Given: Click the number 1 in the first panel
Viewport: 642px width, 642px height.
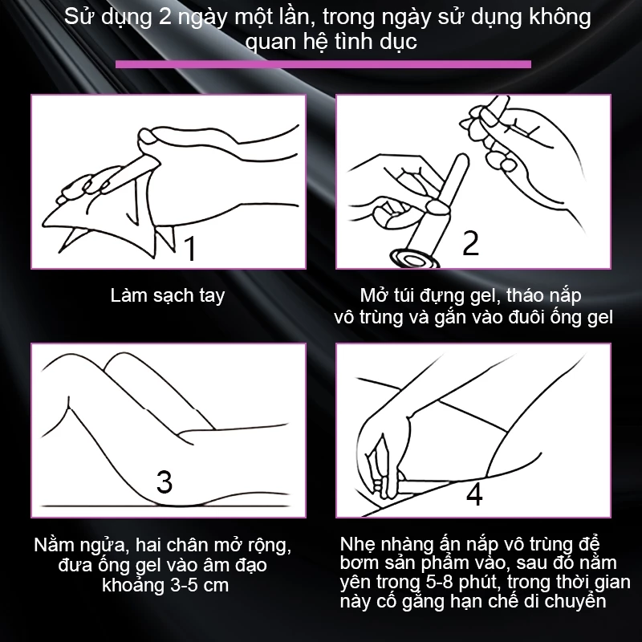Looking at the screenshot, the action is (190, 248).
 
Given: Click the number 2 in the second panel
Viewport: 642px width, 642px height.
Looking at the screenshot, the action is (470, 243).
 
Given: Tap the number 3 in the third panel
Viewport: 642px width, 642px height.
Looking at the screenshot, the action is (165, 481).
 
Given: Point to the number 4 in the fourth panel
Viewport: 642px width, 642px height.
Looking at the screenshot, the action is (474, 494).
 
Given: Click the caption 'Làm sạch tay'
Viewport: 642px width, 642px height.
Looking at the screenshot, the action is (168, 295).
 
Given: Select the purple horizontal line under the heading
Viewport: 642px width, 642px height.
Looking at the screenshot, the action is (323, 64).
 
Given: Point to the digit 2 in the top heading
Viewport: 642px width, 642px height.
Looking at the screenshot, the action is (165, 18).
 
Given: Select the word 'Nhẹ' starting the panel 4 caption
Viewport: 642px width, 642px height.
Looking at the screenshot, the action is (356, 545).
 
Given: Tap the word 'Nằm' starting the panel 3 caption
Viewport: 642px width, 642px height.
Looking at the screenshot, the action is (52, 545).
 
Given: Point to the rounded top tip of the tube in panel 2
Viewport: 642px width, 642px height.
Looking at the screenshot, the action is (463, 157).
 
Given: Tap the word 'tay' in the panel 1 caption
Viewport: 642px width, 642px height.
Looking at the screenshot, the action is (212, 296).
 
